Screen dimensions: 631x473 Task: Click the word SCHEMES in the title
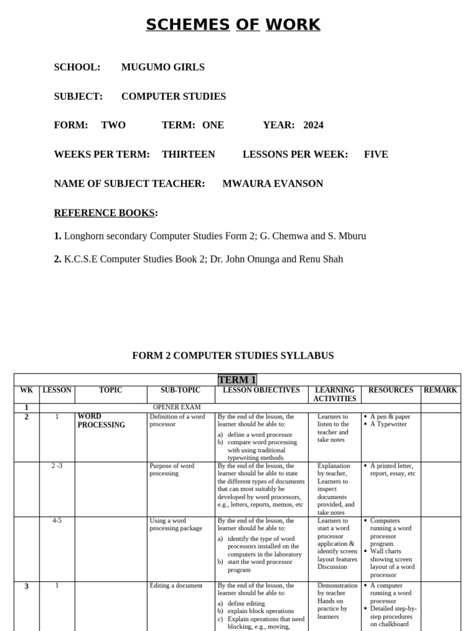coord(187,25)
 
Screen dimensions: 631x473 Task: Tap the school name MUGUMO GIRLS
coord(163,67)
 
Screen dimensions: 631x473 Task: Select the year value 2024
coord(313,125)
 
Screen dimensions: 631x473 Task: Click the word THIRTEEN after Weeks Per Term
coord(188,154)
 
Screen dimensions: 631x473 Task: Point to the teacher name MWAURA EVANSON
coord(272,184)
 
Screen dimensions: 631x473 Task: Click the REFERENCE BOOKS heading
coord(105,213)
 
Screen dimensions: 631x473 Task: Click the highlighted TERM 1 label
coord(237,380)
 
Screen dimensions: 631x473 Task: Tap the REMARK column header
coord(440,390)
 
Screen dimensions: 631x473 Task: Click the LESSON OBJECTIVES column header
coord(261,390)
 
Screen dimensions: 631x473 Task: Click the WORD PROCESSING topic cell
coord(101,421)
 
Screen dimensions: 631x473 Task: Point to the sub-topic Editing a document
coord(176,585)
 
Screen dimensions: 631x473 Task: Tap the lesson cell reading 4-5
coord(57,521)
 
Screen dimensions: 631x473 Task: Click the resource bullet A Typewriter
coord(388,424)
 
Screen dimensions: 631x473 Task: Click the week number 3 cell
coord(26,586)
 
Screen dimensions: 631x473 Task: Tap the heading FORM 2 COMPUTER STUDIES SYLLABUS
coord(233,356)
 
